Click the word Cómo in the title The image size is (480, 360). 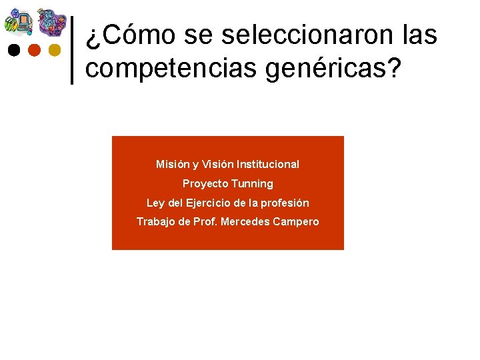click(138, 35)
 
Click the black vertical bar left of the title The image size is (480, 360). click(71, 49)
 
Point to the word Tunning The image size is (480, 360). click(252, 183)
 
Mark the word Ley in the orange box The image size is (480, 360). click(155, 203)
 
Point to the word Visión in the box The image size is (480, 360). click(217, 164)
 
